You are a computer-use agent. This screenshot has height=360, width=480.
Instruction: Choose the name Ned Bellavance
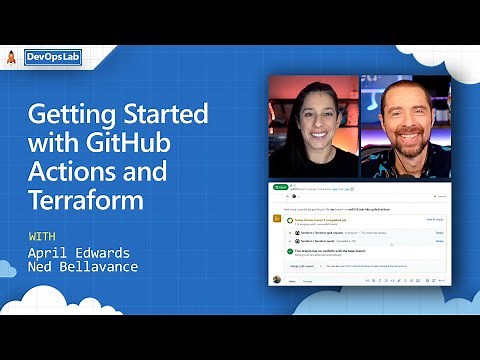tap(84, 268)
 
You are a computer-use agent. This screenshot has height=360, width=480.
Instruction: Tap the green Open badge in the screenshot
tap(281, 187)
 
